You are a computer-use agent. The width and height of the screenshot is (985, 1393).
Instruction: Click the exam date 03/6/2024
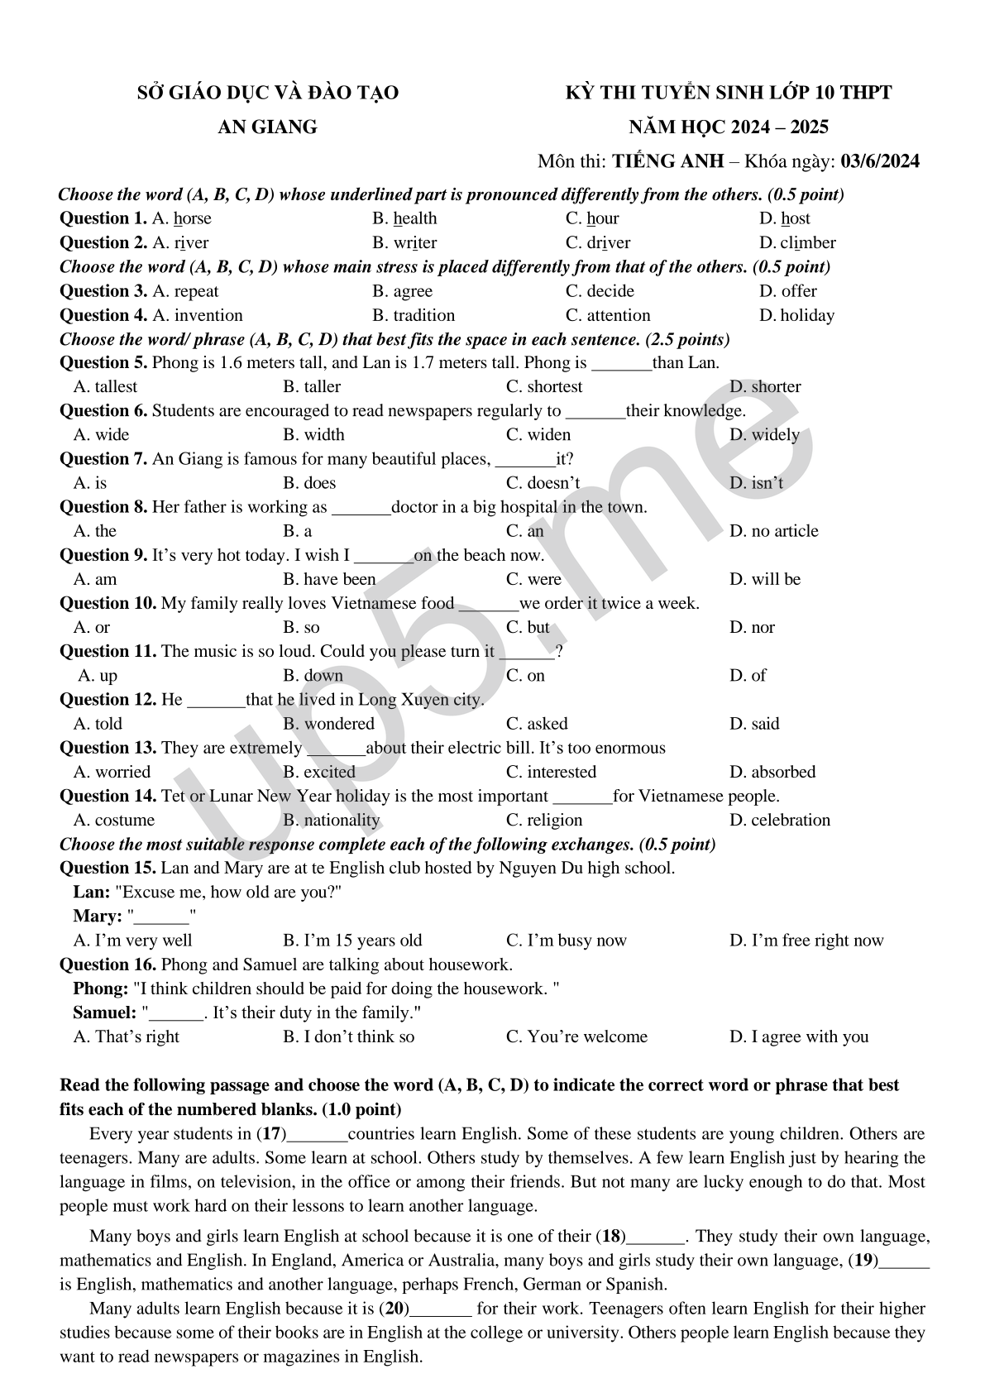(879, 161)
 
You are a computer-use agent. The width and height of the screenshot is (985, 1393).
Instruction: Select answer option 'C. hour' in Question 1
(592, 218)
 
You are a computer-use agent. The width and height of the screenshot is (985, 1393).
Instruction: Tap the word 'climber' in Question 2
(807, 242)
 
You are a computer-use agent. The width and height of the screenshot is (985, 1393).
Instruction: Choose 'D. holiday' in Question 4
(796, 315)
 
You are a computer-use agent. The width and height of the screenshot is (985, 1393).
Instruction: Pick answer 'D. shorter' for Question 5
(765, 386)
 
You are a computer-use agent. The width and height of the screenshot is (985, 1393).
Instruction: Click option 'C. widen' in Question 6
(538, 435)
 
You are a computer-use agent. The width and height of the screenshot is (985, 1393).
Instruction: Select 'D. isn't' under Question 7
(756, 483)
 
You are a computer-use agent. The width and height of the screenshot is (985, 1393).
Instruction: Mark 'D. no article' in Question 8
(773, 531)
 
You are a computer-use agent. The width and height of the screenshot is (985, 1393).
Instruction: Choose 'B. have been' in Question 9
(329, 579)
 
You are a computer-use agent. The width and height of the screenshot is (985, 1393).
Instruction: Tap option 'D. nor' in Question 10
(752, 627)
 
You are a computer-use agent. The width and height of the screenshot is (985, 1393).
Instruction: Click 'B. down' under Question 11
(313, 676)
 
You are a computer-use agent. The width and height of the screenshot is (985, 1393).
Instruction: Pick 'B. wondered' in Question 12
(328, 724)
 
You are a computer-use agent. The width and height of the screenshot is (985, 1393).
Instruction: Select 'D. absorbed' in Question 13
(772, 772)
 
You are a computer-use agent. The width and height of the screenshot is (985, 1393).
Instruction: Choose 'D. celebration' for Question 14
(780, 820)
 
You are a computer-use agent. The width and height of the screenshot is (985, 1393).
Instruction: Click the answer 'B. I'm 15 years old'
(352, 941)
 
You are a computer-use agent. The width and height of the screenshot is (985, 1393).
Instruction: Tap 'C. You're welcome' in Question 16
(576, 1036)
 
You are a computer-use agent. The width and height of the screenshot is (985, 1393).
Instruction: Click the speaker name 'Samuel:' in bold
(104, 1012)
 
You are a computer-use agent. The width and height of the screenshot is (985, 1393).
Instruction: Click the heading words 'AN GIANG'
(267, 127)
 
